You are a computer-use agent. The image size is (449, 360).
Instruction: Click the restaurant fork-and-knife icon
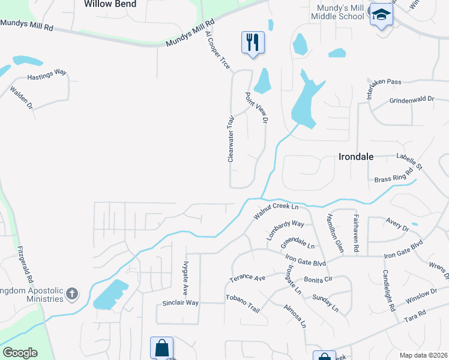pyautogui.click(x=253, y=42)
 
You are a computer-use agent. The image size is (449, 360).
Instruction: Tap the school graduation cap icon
pyautogui.click(x=380, y=14)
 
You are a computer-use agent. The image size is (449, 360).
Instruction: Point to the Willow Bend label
pyautogui.click(x=110, y=4)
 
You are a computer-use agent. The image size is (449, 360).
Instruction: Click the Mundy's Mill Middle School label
pyautogui.click(x=338, y=11)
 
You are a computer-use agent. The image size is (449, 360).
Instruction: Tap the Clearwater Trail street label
pyautogui.click(x=230, y=139)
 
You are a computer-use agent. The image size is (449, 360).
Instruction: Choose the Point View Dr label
pyautogui.click(x=256, y=108)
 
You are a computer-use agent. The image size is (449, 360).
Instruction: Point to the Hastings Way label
pyautogui.click(x=47, y=74)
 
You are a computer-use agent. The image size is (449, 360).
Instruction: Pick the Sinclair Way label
pyautogui.click(x=180, y=303)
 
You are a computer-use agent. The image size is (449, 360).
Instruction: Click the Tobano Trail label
pyautogui.click(x=243, y=303)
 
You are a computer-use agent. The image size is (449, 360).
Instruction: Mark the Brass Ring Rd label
pyautogui.click(x=394, y=176)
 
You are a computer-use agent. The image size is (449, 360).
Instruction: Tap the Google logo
pyautogui.click(x=20, y=353)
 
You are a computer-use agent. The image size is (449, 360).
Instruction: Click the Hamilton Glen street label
pyautogui.click(x=334, y=233)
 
